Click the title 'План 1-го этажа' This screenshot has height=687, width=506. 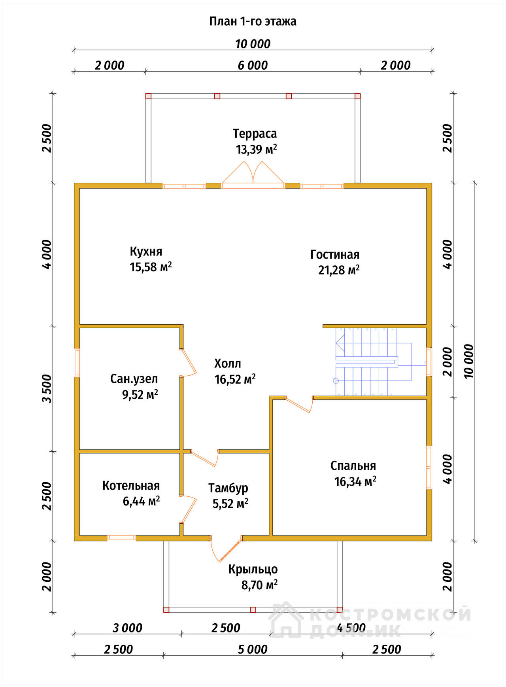click(253, 21)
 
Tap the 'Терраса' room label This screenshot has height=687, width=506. click(255, 134)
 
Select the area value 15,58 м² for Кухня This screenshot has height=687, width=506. click(151, 267)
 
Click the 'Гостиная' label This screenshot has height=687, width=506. click(335, 254)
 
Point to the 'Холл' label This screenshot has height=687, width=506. click(227, 363)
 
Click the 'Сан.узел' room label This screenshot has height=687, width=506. click(134, 379)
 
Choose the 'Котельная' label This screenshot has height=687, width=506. click(131, 486)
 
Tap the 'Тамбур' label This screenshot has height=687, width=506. click(228, 488)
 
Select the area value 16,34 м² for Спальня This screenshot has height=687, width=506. click(355, 482)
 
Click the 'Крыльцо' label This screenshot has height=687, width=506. click(253, 569)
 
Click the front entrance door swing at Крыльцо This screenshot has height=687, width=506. click(226, 549)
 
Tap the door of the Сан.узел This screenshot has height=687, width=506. click(188, 362)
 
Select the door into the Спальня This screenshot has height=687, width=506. click(299, 404)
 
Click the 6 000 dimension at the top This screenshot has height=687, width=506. click(253, 65)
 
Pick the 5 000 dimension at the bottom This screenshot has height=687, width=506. click(253, 649)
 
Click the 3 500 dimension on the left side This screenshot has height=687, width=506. click(47, 388)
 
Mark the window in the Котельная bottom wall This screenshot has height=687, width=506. click(121, 537)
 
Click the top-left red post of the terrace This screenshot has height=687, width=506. click(148, 96)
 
